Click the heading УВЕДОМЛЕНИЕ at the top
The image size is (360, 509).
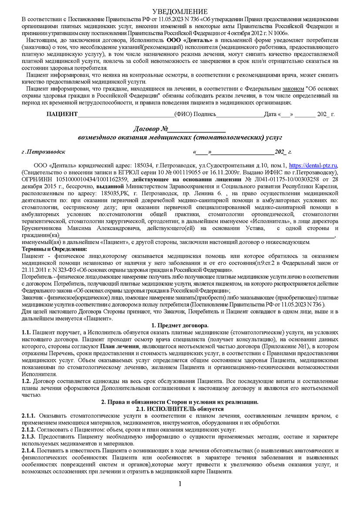pos(180,11)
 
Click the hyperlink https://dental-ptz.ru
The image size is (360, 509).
pos(313,165)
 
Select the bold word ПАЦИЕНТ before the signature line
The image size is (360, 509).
pos(62,114)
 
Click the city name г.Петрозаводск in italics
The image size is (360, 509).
pos(44,152)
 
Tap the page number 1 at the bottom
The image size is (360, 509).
pos(180,484)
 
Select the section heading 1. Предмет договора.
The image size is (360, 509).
pos(180,325)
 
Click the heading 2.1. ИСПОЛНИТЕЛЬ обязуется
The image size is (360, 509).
pos(180,409)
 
